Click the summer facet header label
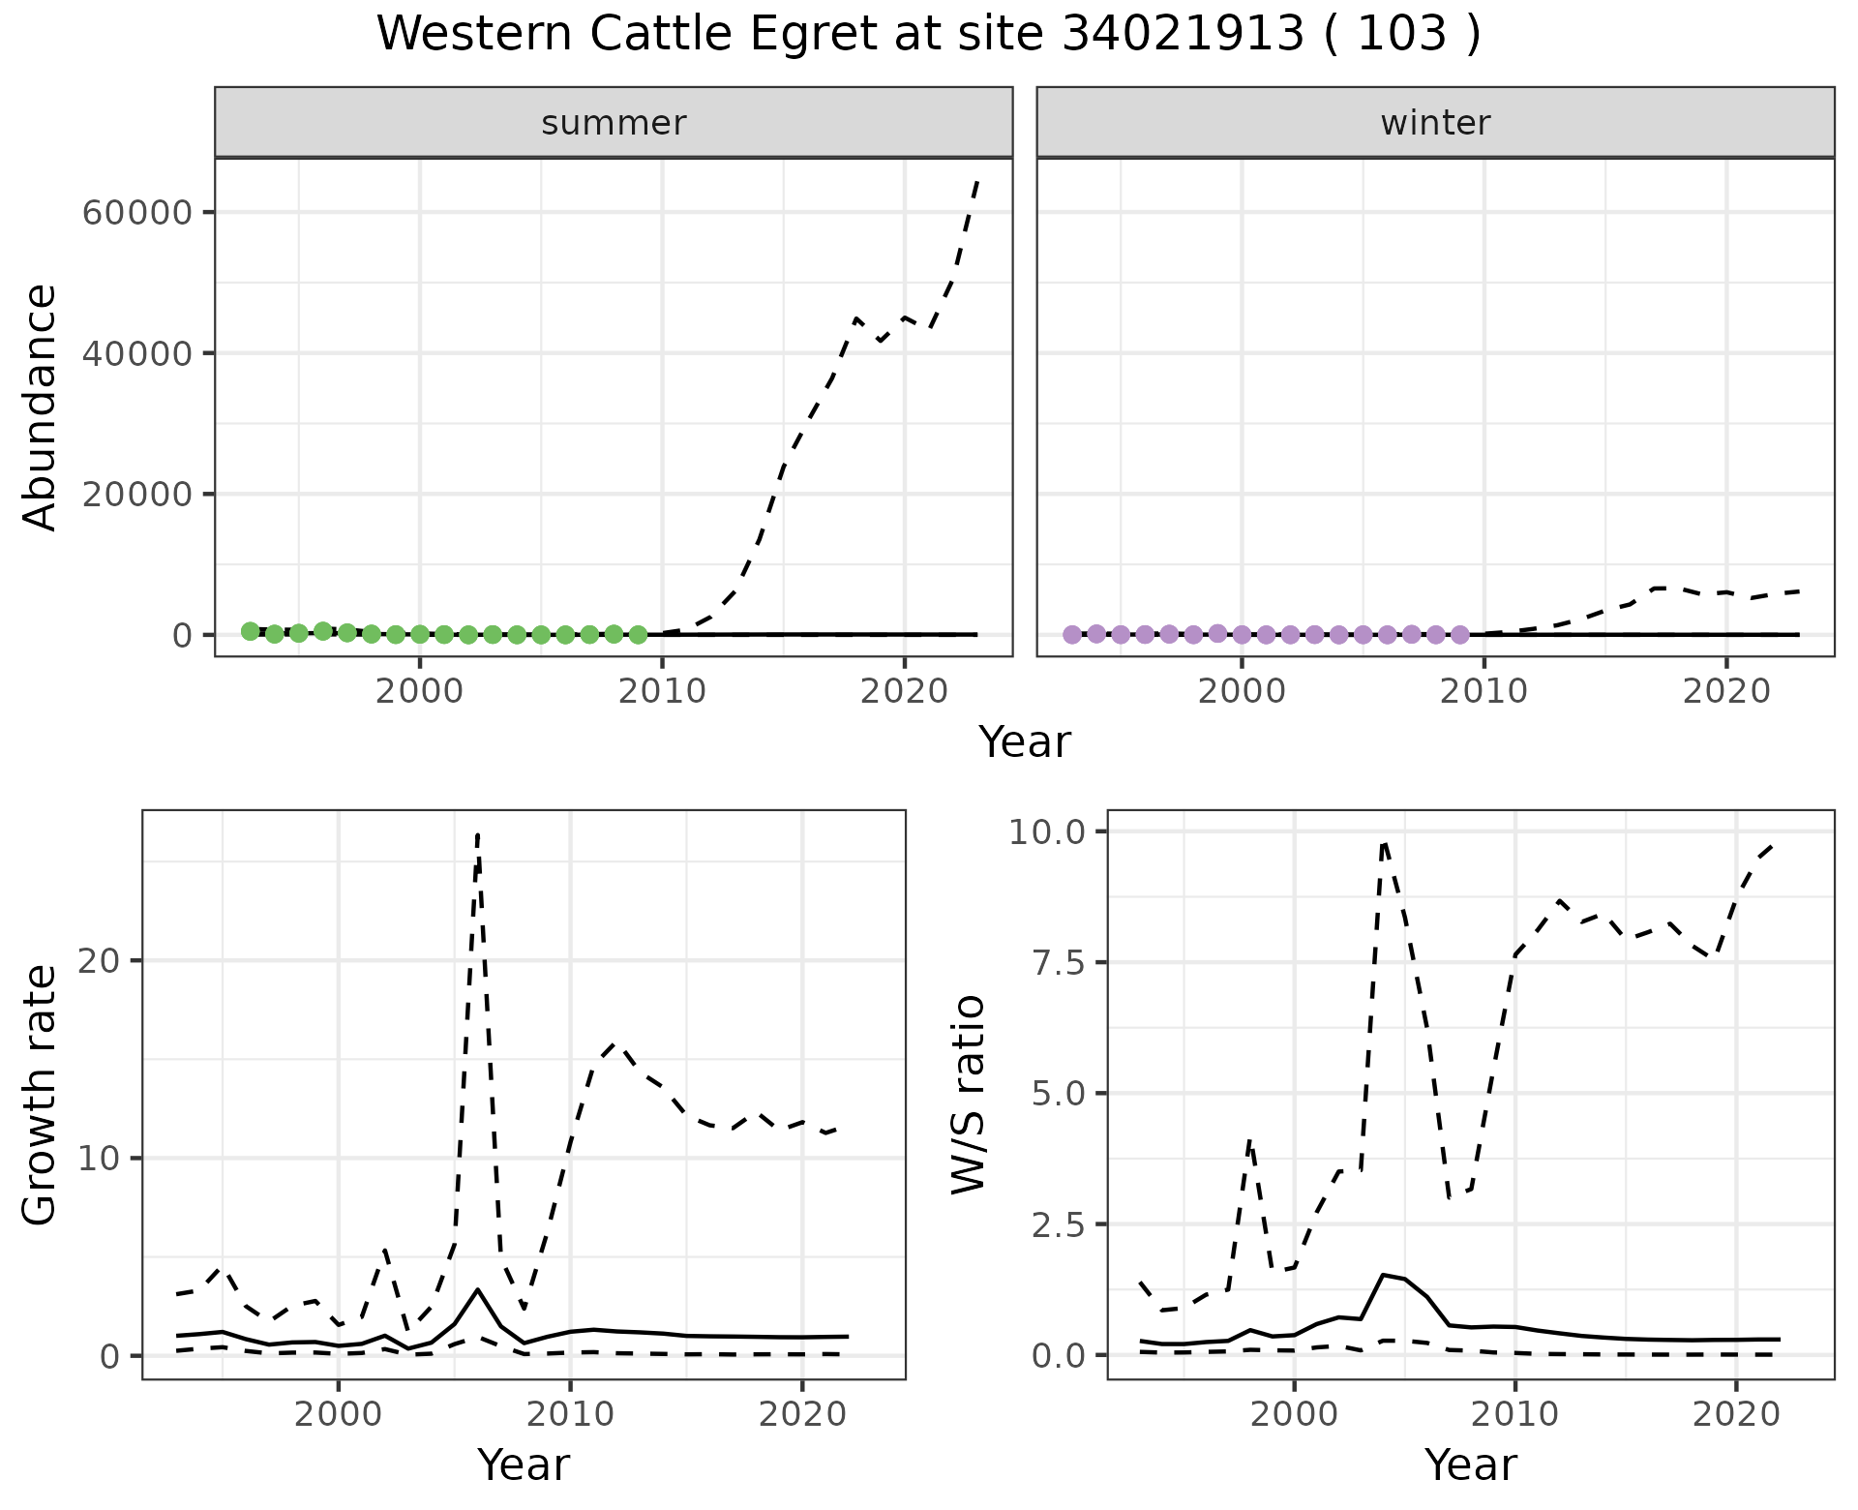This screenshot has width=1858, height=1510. pos(614,123)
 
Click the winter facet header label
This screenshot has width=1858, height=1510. pos(1435,123)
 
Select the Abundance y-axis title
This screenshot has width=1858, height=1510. pos(41,407)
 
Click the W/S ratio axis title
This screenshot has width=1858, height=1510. pos(968,1094)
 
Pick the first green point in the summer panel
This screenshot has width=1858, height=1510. pos(251,631)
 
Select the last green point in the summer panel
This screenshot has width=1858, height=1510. pos(638,635)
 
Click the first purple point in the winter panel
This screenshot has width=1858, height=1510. pos(1072,635)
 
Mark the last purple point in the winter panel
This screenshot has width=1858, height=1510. pos(1460,635)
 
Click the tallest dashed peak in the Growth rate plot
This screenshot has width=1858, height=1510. pos(478,834)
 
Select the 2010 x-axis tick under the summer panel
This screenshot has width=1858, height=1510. pos(662,691)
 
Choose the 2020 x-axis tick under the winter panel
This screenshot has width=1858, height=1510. pos(1725,691)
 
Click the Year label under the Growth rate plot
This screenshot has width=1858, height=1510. pos(524,1465)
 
